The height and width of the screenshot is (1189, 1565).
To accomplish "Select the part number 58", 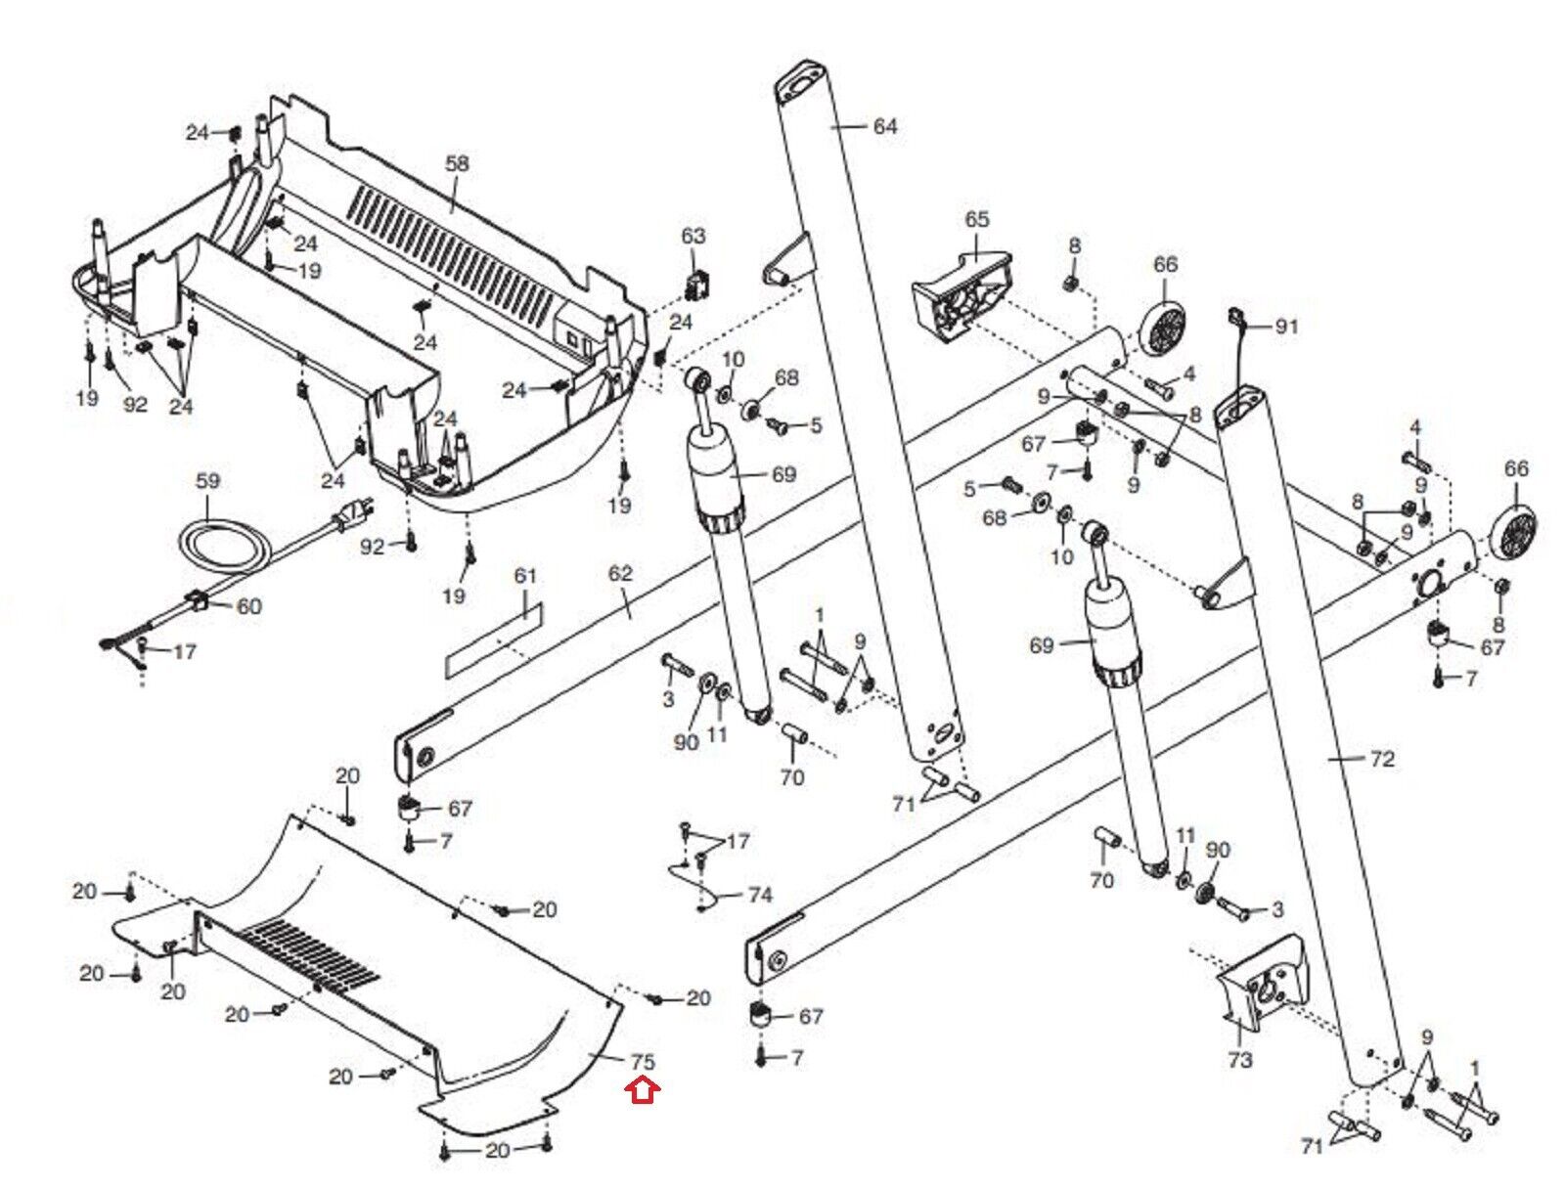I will (457, 164).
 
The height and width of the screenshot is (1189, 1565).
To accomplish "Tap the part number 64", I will (884, 126).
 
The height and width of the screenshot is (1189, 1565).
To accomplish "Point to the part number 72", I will (1381, 759).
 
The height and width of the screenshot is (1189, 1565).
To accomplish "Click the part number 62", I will (620, 573).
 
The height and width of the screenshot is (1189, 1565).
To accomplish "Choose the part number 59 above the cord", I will (208, 481).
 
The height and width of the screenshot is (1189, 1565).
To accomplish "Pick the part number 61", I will (526, 575).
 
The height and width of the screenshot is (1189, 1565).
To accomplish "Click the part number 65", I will (976, 220).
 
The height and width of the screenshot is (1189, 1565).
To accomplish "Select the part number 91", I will (1286, 326).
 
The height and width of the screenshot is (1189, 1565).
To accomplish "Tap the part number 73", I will (1240, 1059).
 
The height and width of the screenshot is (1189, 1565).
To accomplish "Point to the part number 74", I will (760, 895).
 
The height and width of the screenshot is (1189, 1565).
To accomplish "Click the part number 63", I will (693, 236).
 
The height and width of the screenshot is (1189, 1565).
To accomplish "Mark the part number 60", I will (249, 606).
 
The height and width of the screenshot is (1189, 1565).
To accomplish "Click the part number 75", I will (643, 1061).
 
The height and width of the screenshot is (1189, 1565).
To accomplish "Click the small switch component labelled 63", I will (698, 286).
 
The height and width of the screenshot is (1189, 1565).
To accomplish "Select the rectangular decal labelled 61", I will (493, 639).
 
